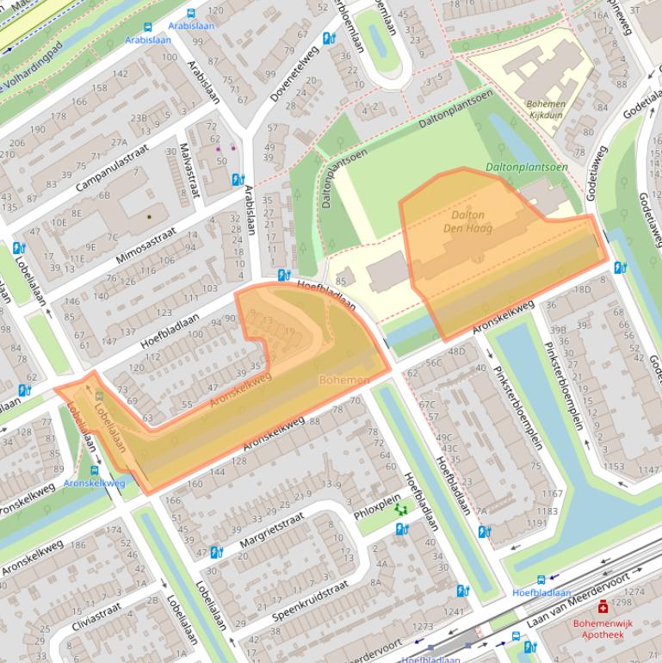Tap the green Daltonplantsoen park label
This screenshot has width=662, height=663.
point(526,167)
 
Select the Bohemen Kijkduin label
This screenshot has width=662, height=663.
point(546,108)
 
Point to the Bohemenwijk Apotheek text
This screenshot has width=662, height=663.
point(602,628)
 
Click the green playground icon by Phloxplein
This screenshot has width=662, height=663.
point(400,510)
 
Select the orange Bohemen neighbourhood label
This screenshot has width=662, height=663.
point(344,380)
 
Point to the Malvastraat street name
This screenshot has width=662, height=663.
point(188,170)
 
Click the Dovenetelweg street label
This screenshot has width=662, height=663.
point(294,74)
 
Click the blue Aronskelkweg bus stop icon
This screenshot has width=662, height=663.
point(94,471)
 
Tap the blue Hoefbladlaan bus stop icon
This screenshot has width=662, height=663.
point(541,580)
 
